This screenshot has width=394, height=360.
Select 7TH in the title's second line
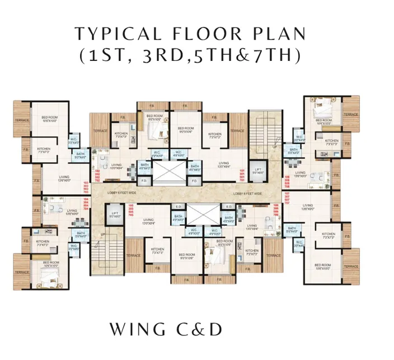coord(275,56)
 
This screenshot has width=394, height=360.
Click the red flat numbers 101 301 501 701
coord(242,174)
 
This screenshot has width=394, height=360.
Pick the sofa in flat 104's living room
coord(57,209)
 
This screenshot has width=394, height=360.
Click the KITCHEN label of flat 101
coord(214,134)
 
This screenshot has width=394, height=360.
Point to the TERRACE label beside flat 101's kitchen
coord(237,131)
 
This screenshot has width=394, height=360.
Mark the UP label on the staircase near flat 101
coord(274,146)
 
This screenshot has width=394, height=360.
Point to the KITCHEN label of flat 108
coord(331,141)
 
